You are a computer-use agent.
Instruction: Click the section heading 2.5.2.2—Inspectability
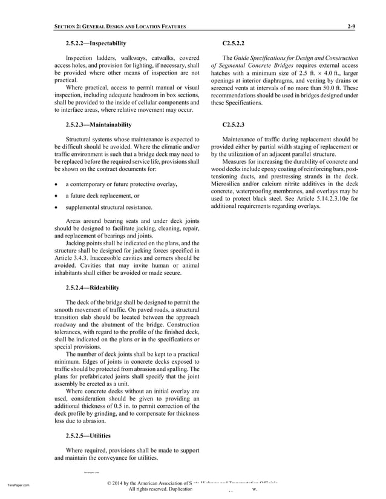[96, 43]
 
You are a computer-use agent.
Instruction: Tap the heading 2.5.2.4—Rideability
[93, 287]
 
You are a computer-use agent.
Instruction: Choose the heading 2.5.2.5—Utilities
[88, 435]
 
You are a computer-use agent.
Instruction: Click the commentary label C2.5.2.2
[234, 43]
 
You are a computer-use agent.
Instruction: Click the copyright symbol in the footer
[108, 484]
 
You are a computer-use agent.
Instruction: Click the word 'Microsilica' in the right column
[227, 182]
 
